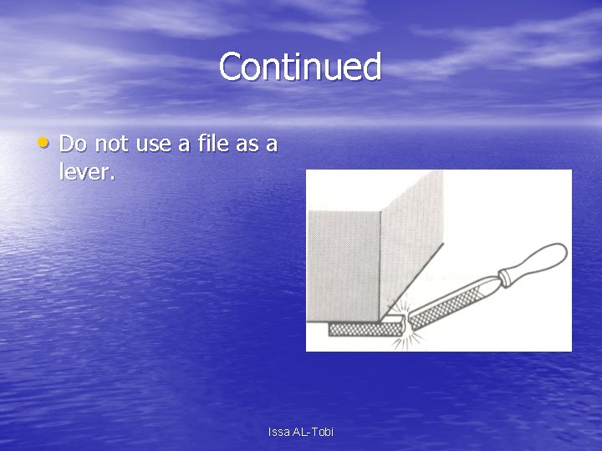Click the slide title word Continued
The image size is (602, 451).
point(300,67)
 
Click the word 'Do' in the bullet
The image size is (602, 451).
point(74,144)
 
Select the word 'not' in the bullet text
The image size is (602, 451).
point(111,144)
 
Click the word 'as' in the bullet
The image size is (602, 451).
point(246,144)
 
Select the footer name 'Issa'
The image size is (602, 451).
point(278,432)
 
